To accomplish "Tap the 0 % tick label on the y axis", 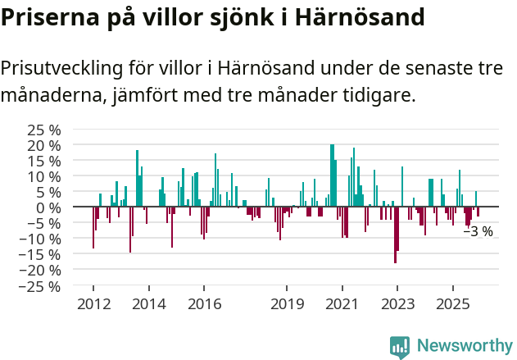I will point(48,207).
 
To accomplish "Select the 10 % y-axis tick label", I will point(44,176).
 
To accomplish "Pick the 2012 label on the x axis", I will point(93,304).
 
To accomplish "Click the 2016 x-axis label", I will point(204,304).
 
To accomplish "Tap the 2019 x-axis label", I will point(287,304).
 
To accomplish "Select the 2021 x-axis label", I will point(342,304).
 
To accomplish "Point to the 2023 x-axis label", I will point(398,304).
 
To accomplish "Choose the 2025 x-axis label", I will point(453,304).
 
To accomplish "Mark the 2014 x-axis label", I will point(148,304).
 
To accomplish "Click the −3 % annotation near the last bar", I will point(478,232).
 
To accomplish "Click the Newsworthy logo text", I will point(464,346).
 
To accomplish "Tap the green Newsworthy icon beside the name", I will point(400,347).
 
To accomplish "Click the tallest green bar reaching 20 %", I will point(332,175).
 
